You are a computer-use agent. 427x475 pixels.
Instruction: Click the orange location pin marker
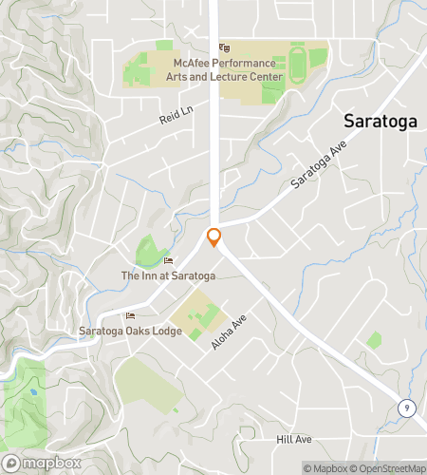(214, 237)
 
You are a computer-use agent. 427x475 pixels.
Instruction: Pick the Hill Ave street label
(293, 440)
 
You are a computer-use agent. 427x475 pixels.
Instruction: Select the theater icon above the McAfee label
(225, 47)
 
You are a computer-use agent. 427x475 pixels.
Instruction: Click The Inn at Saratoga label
(168, 275)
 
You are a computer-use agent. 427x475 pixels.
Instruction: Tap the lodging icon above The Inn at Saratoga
(169, 261)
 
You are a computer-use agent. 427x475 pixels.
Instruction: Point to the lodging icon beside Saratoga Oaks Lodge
(130, 316)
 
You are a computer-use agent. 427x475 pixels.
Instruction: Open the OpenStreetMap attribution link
(389, 467)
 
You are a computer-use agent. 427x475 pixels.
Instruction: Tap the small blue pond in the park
(32, 390)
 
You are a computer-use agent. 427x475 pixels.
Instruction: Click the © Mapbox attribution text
(325, 467)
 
